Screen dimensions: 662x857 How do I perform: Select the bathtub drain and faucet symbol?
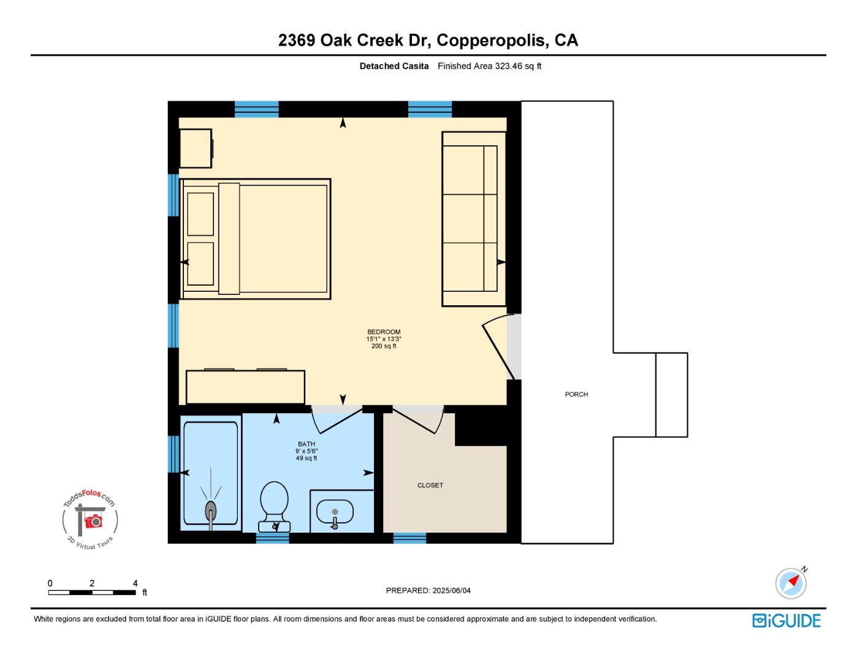tap(211, 511)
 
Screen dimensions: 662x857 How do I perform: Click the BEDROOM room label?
tap(384, 332)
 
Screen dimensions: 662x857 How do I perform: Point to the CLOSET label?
tap(430, 485)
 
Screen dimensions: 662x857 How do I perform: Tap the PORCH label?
tap(576, 394)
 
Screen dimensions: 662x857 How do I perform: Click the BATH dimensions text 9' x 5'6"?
tap(307, 451)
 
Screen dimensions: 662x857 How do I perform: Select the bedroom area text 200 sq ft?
tap(384, 346)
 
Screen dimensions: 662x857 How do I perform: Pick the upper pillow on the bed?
tap(200, 214)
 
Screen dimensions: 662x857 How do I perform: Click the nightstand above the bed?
tap(196, 148)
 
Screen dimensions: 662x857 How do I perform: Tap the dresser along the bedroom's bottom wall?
tap(245, 387)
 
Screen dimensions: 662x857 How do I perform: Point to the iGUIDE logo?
tap(787, 620)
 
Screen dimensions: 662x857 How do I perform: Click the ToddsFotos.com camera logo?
tap(90, 520)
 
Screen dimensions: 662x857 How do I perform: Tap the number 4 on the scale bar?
tap(135, 583)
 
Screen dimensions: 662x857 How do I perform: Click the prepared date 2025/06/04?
tap(451, 590)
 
